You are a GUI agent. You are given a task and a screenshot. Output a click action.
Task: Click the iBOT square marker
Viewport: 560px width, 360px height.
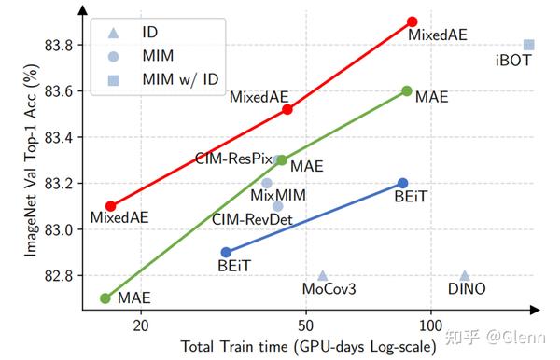tap(529, 45)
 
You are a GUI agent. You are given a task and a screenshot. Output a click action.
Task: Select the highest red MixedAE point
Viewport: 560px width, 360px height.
tap(413, 21)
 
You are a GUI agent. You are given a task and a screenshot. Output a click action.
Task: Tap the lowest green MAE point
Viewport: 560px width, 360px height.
tap(105, 298)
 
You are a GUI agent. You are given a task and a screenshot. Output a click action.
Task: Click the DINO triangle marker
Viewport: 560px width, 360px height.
tap(465, 275)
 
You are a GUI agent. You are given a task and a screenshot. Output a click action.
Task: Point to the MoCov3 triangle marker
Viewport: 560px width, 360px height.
tap(322, 275)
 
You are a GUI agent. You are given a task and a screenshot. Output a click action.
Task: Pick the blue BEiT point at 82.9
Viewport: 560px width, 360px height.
tap(226, 252)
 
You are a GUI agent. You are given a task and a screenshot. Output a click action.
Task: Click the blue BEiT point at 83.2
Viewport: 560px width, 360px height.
tap(402, 183)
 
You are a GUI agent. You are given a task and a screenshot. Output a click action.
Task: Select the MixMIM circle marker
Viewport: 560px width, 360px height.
tap(267, 183)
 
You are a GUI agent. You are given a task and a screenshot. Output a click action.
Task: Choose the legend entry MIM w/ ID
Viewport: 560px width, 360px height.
tap(179, 80)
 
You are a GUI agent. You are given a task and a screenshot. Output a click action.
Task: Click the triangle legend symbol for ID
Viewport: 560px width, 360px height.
tap(114, 32)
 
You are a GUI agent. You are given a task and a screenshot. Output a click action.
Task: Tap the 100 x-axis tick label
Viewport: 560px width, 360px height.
tap(430, 325)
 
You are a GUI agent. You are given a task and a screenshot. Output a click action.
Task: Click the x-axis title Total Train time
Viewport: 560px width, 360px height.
tap(308, 347)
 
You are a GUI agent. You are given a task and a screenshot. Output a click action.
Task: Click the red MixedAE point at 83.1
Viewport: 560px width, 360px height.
tap(110, 206)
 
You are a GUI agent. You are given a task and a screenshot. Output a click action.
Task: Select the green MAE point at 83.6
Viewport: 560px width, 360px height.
tap(407, 90)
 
